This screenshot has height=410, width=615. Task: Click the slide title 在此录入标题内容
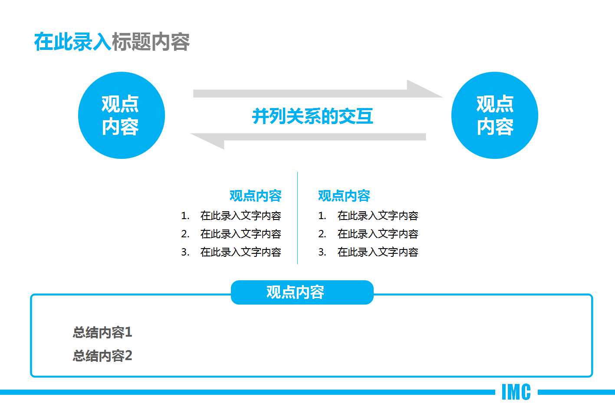pos(112,42)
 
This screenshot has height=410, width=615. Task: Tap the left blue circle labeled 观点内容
pos(121,115)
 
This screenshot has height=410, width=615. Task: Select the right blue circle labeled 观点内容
pos(494,115)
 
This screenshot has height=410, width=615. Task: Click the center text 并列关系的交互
pos(312,116)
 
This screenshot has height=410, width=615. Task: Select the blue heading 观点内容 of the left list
pos(255,196)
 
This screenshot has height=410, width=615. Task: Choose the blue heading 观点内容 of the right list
pos(344,196)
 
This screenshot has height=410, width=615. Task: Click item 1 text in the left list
pos(240,216)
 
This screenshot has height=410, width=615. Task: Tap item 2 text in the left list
pos(240,234)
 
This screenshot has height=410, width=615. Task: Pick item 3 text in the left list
pos(240,252)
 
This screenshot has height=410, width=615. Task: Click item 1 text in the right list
pos(378,216)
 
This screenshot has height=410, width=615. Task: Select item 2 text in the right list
pos(378,234)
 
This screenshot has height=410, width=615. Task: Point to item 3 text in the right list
pos(378,252)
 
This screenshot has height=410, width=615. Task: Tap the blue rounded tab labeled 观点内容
pos(302,292)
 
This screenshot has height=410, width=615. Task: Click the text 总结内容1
pos(102,332)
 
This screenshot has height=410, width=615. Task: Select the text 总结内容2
pos(102,356)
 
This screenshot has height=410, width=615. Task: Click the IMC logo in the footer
pos(516,392)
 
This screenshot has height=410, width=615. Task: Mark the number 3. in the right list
pos(322,252)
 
